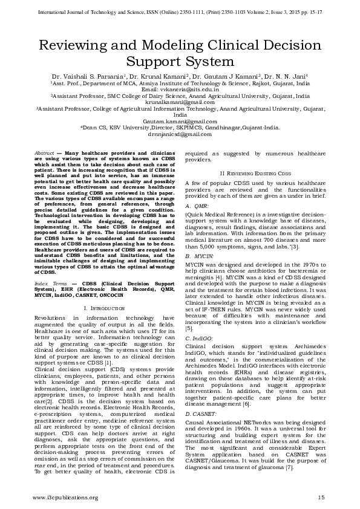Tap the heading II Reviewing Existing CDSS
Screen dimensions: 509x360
tap(255, 173)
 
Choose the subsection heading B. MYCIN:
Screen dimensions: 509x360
tap(198, 256)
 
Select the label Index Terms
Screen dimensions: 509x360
tap(50, 282)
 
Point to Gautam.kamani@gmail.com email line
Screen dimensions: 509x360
tap(180, 121)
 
